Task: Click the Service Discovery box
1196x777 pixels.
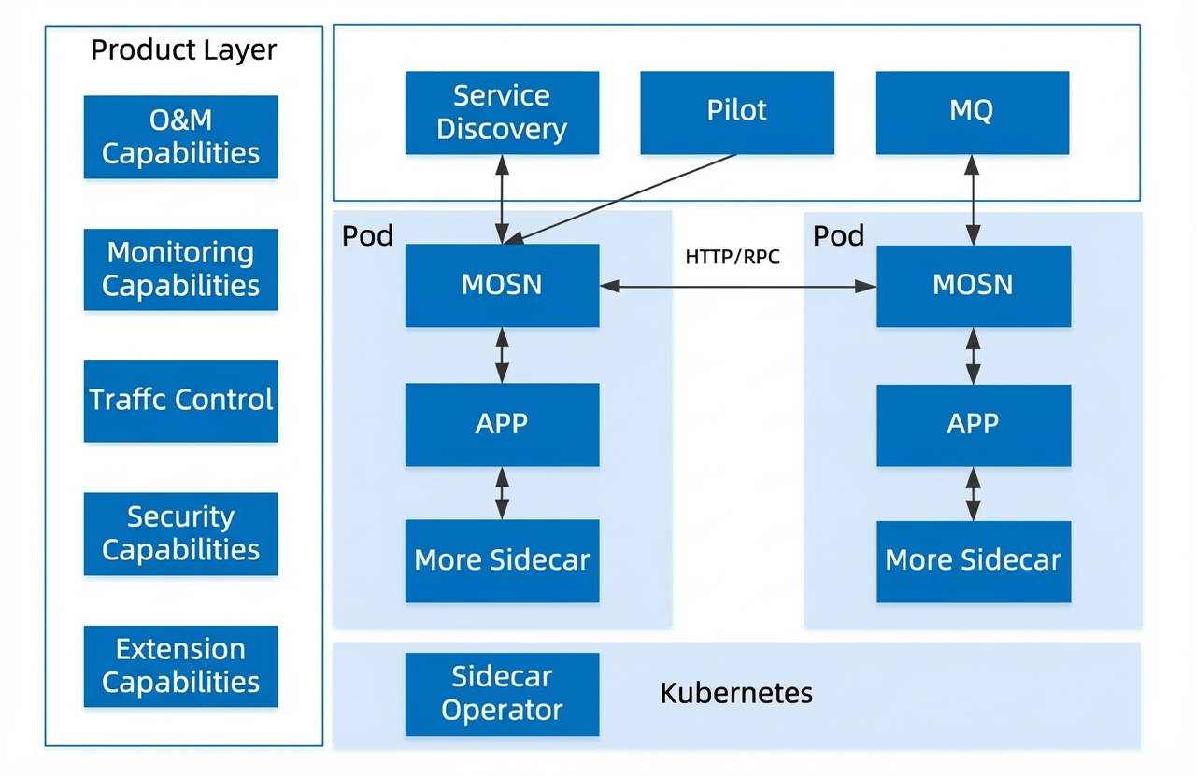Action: (x=502, y=113)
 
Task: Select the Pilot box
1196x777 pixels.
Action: (x=737, y=113)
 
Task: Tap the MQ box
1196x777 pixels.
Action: (x=973, y=113)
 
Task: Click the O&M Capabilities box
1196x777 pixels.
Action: (x=181, y=136)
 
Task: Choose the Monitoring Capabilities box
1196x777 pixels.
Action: (x=181, y=270)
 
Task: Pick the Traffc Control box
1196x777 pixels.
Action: (x=181, y=402)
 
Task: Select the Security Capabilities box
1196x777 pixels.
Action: (x=181, y=533)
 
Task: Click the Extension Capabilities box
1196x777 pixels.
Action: (x=181, y=667)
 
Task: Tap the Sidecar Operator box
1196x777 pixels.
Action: (x=502, y=694)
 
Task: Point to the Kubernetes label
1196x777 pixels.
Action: (x=736, y=693)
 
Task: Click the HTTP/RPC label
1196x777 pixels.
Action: (x=733, y=257)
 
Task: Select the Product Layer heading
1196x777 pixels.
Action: (x=184, y=50)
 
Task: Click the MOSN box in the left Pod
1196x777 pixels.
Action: (x=502, y=286)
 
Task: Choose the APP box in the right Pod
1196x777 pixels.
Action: (x=974, y=425)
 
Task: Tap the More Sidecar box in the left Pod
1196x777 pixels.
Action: (x=502, y=561)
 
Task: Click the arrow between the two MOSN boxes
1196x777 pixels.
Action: (x=738, y=287)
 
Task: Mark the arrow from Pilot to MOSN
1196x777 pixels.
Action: (x=620, y=200)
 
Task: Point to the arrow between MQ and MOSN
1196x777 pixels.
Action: (x=973, y=200)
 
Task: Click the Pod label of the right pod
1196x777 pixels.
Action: (x=838, y=236)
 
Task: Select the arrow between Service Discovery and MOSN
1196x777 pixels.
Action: (x=502, y=200)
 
